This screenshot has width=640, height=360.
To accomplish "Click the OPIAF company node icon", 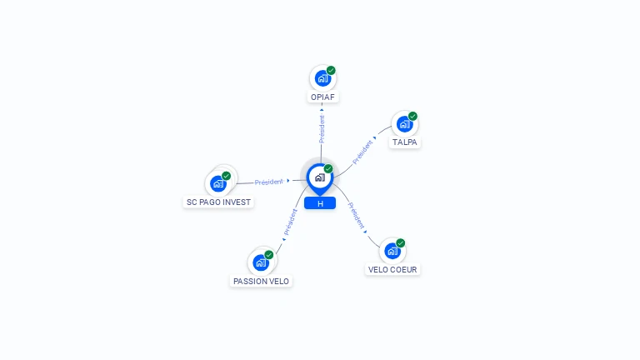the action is pos(322,78).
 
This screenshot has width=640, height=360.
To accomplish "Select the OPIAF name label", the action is pos(322,97).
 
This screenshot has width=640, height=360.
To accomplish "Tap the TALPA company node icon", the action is pos(404,123).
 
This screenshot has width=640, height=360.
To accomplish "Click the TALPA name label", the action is pos(404,142).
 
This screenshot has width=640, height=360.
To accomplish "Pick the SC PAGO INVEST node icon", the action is pos(219,183).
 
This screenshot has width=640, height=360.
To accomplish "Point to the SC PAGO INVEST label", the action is pos(218,202).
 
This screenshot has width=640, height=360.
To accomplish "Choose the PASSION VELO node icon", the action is pos(261,262).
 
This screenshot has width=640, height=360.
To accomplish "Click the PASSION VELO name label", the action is pos(261,281).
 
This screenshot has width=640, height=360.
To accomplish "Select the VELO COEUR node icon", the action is pos(392,251).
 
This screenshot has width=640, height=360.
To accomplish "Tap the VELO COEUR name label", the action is pos(392,270).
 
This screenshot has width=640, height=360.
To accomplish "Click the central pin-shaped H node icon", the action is pos(320,179).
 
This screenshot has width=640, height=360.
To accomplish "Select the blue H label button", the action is pos(320,203).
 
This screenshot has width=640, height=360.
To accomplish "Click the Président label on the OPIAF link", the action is pos(322,129).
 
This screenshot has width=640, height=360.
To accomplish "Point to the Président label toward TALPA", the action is pos(362,152).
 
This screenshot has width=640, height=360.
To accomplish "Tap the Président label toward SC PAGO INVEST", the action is pos(268,182).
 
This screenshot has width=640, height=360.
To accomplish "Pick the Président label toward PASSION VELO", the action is pos(291,222).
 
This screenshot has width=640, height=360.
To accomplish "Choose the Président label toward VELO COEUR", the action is pos(356,215).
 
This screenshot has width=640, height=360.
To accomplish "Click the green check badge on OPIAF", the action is pos(331,70).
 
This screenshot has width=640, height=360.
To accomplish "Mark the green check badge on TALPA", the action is pos(412,116).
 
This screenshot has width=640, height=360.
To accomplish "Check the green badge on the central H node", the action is pos(328,168).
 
